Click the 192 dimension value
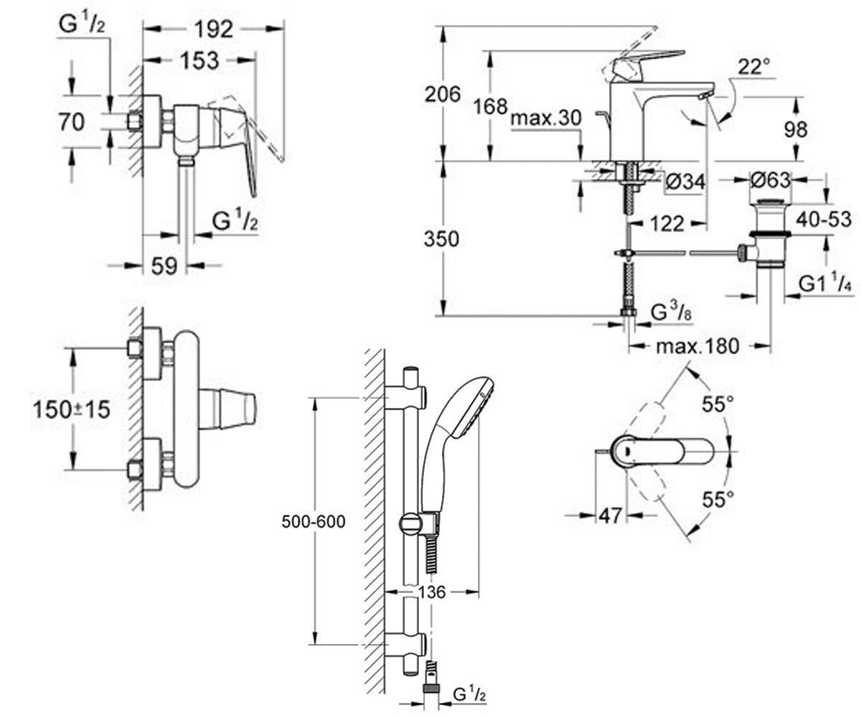(x=214, y=29)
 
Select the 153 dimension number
(x=200, y=60)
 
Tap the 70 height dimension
(x=71, y=122)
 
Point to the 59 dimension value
(x=164, y=266)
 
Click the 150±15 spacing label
(x=71, y=410)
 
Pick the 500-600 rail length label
(x=314, y=522)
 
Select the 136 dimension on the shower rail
(x=432, y=592)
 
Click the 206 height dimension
(x=443, y=95)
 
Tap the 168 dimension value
(x=490, y=107)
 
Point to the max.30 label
(x=546, y=118)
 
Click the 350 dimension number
(x=441, y=239)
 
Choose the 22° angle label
(x=754, y=67)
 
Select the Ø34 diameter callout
(x=685, y=182)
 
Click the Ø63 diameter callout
(x=770, y=180)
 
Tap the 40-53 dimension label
(x=824, y=220)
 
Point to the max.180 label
(x=697, y=346)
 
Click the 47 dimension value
(x=610, y=516)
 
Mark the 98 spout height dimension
(x=796, y=129)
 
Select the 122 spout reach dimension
(x=667, y=224)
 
